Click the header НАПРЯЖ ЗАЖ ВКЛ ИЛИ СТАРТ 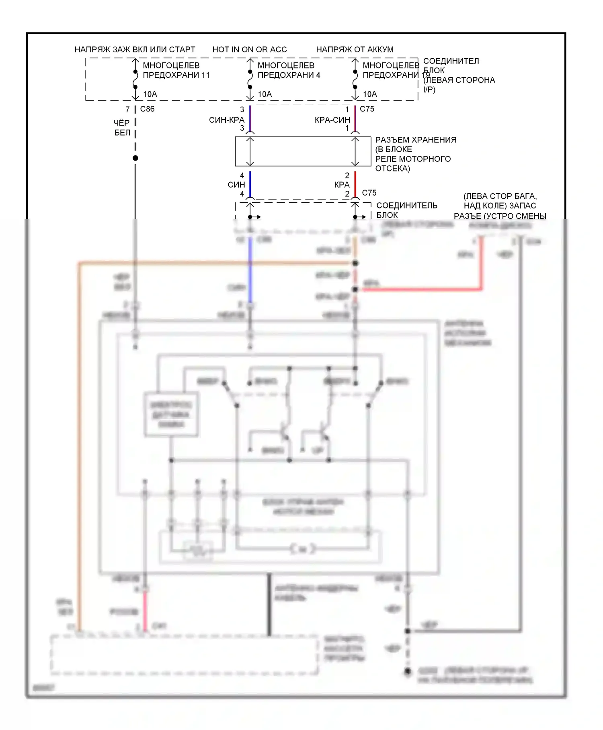click(135, 49)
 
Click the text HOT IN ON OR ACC click(249, 49)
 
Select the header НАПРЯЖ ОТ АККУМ click(355, 49)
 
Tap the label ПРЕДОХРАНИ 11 click(176, 75)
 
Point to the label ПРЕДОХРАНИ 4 click(289, 75)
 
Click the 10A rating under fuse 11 click(150, 94)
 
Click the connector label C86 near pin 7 click(147, 109)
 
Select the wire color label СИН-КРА click(226, 120)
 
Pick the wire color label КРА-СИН click(332, 120)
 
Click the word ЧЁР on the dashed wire click(121, 123)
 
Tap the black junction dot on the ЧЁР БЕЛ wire click(135, 158)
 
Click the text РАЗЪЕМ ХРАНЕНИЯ click(415, 140)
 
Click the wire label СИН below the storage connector click(236, 185)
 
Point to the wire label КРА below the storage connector click(342, 185)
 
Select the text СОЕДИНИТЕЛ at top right click(451, 61)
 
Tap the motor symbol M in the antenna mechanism click(303, 549)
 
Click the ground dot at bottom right click(408, 672)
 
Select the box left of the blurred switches click(171, 414)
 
